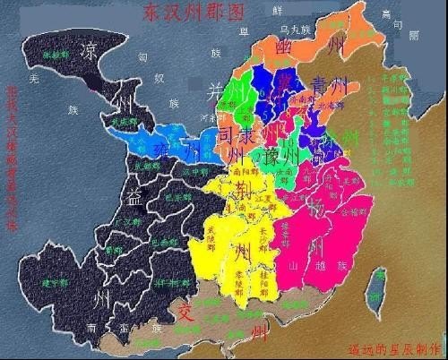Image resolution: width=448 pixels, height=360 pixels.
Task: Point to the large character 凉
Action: point(89,48)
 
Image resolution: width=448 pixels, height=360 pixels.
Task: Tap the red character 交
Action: point(185,313)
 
